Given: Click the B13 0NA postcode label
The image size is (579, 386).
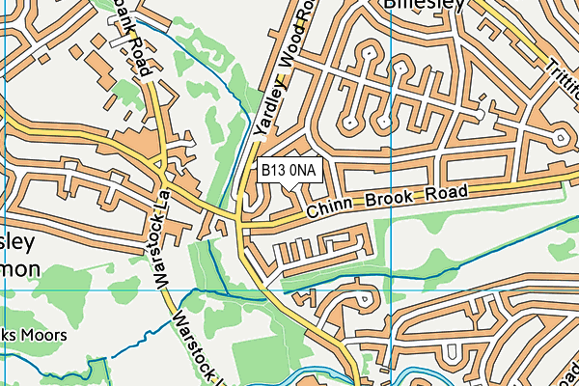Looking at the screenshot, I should tap(289, 170).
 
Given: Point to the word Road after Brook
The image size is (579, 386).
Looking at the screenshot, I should tap(445, 193).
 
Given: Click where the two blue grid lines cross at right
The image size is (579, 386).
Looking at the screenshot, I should tap(394, 289).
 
